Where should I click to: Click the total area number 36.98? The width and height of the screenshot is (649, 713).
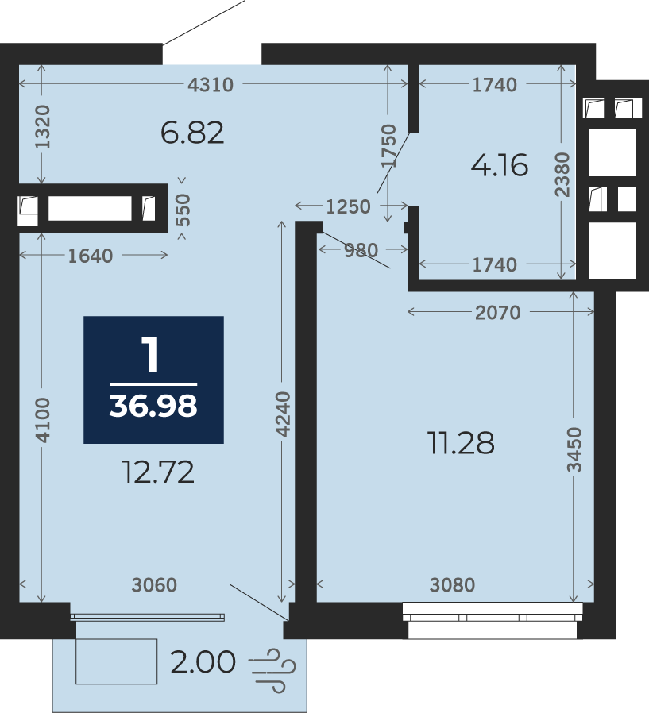153,406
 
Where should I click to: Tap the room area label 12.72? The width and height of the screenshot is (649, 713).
158,472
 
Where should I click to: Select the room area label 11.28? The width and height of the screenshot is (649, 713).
461,442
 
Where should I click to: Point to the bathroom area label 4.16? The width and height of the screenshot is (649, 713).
500,164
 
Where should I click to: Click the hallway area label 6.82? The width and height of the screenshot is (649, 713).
192,133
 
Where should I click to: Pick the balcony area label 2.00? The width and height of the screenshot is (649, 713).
203,661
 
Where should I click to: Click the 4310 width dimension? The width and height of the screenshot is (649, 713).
211,85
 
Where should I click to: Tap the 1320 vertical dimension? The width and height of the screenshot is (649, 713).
43,126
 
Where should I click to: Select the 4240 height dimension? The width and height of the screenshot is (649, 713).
283,414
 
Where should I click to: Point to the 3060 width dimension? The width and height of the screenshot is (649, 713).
154,584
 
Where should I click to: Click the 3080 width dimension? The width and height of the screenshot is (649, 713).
453,584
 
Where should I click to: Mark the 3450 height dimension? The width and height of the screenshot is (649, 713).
574,449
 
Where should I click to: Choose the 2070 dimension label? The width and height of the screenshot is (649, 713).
497,312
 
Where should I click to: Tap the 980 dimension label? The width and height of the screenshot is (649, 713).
361,250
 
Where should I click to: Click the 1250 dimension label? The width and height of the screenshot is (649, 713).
349,207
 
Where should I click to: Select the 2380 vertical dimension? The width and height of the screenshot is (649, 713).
562,175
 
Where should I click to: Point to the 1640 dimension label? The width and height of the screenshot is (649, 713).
90,256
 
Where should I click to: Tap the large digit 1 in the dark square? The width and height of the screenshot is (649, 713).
151,354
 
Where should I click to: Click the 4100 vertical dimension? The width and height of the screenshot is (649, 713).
43,420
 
